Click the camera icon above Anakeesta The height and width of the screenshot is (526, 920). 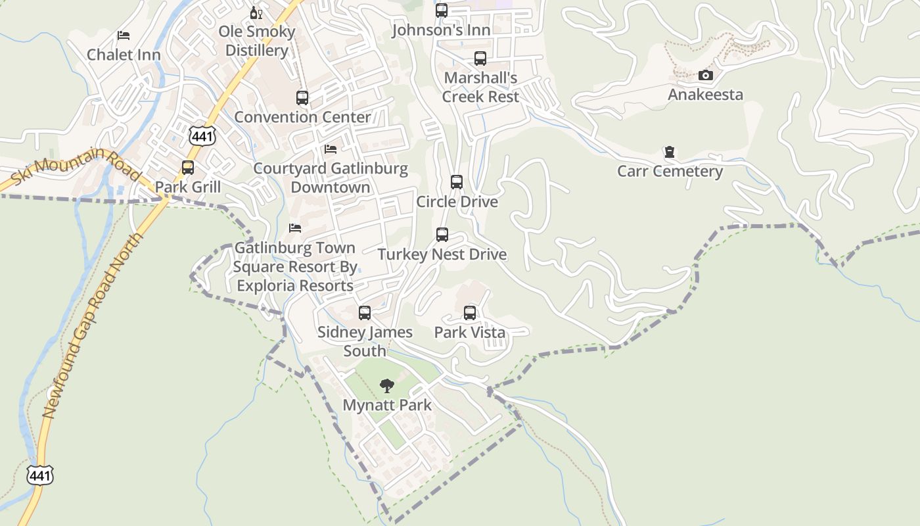(705, 76)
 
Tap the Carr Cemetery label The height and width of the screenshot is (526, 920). (670, 172)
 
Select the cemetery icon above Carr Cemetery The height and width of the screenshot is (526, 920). (670, 153)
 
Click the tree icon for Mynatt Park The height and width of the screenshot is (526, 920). (387, 386)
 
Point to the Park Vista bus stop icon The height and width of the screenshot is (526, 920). (470, 313)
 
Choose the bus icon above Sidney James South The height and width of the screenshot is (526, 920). (365, 313)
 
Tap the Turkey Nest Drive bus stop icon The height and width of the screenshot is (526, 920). (442, 235)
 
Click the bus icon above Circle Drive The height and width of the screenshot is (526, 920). (457, 182)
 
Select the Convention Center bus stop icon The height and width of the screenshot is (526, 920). (302, 98)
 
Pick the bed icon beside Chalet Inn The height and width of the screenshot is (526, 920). (124, 36)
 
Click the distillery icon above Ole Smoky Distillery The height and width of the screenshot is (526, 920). (256, 12)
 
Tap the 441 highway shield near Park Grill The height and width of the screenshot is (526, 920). (201, 136)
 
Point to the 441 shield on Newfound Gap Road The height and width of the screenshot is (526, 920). (40, 475)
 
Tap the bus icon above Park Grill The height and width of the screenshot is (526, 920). (188, 168)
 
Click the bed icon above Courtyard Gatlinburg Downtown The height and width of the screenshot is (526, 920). (331, 150)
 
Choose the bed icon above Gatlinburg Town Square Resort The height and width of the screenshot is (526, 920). (295, 228)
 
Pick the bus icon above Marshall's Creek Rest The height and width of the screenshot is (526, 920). (480, 59)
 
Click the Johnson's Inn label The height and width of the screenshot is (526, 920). (441, 30)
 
